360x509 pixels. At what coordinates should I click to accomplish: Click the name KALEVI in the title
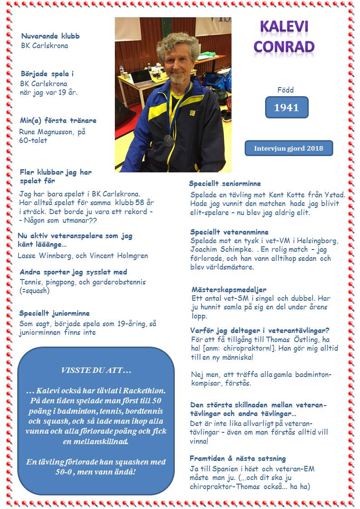pyautogui.click(x=284, y=27)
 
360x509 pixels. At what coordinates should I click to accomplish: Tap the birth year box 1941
pyautogui.click(x=286, y=108)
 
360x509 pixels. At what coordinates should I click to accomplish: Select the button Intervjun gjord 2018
pyautogui.click(x=289, y=148)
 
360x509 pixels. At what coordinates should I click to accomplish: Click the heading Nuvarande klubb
pyautogui.click(x=50, y=36)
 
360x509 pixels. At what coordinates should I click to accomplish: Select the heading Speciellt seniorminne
pyautogui.click(x=225, y=184)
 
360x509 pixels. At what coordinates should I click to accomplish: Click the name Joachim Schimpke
pyautogui.click(x=218, y=250)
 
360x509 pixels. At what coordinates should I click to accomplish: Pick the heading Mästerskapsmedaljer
pyautogui.click(x=229, y=289)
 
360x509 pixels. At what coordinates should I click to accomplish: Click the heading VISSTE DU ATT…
pyautogui.click(x=96, y=371)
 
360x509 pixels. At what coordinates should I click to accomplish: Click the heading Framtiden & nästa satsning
pyautogui.click(x=237, y=459)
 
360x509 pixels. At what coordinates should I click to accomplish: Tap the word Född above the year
pyautogui.click(x=286, y=90)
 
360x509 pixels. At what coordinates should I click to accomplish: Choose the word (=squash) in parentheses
pyautogui.click(x=35, y=291)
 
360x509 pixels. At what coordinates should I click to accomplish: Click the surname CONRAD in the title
pyautogui.click(x=284, y=46)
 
